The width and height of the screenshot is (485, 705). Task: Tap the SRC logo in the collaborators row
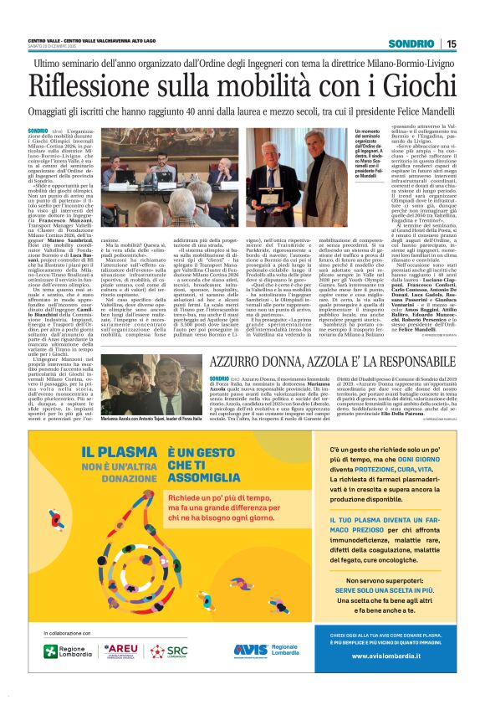pyautogui.click(x=171, y=651)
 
